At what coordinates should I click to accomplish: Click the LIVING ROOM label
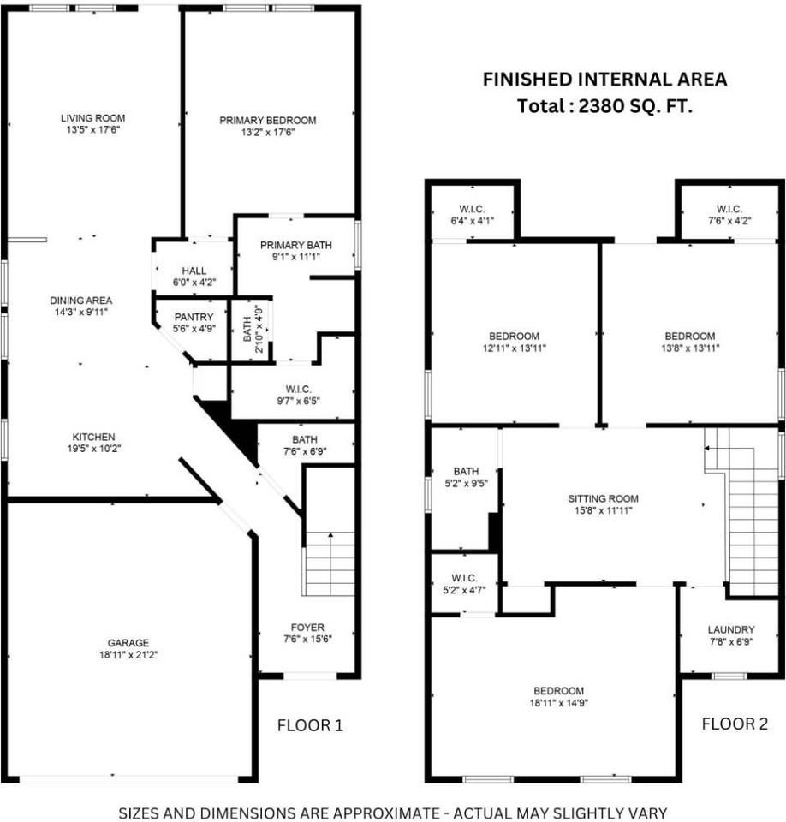92,118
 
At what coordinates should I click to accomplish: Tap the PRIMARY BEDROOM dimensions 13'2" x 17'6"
267,133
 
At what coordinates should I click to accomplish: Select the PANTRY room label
194,317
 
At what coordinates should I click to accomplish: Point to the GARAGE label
128,643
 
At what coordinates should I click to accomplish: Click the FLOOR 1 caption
310,725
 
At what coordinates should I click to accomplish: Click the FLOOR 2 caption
735,724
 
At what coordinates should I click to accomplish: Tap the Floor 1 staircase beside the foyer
330,563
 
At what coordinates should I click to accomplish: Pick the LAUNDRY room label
731,629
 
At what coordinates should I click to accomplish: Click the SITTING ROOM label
603,498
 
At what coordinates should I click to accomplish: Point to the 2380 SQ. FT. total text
635,106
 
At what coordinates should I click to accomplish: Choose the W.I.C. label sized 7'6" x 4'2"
729,209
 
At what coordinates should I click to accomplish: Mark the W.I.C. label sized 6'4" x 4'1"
472,209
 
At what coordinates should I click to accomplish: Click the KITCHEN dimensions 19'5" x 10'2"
94,449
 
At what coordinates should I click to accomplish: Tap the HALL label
194,271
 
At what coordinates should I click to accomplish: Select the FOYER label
307,628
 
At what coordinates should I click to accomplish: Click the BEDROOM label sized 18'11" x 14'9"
558,691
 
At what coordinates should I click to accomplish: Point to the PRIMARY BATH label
295,246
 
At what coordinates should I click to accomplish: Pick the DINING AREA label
80,301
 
